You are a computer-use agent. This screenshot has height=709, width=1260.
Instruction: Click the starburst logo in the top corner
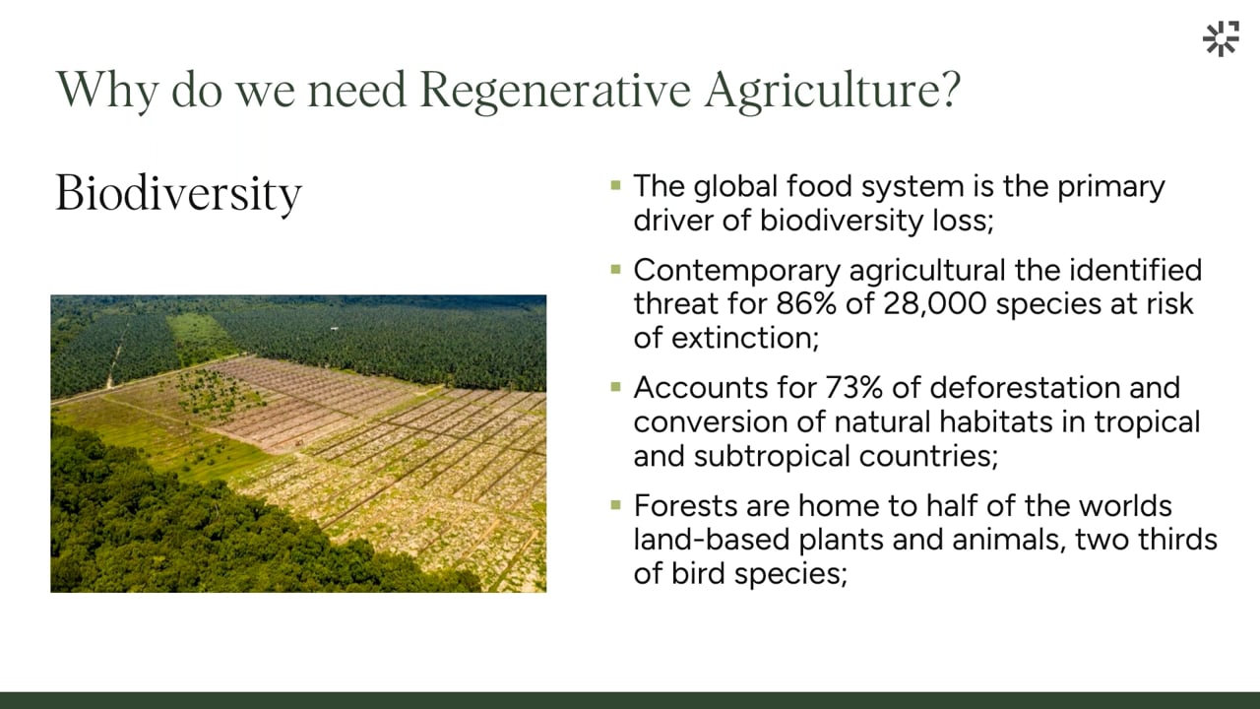1222,38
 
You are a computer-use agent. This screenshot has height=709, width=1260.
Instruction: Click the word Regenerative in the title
555,90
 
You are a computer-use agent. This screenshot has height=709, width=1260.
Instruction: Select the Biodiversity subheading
179,194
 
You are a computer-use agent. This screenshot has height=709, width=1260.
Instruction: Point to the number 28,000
935,304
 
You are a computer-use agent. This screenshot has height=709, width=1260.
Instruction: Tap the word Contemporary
737,271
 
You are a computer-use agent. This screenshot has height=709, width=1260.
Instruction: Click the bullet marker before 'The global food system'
615,185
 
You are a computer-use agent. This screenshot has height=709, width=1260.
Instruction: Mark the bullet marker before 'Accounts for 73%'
615,387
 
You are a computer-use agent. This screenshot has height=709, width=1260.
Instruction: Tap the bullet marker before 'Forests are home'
615,505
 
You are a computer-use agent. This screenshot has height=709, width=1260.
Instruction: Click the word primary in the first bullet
1111,188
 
